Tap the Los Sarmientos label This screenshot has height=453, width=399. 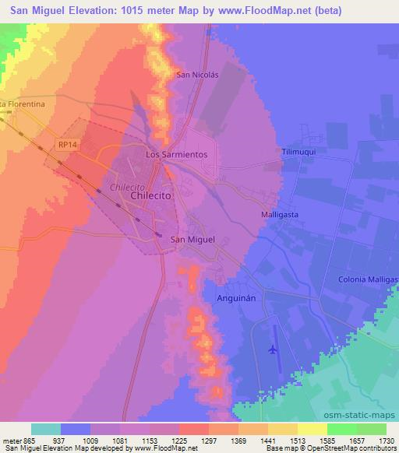[x=177, y=155]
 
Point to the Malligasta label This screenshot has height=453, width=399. [x=280, y=213]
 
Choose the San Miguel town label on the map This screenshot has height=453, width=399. [x=192, y=240]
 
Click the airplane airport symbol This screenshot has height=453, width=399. [x=272, y=349]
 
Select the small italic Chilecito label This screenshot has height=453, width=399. [x=129, y=188]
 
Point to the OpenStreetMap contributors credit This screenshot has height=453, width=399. [x=353, y=448]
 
